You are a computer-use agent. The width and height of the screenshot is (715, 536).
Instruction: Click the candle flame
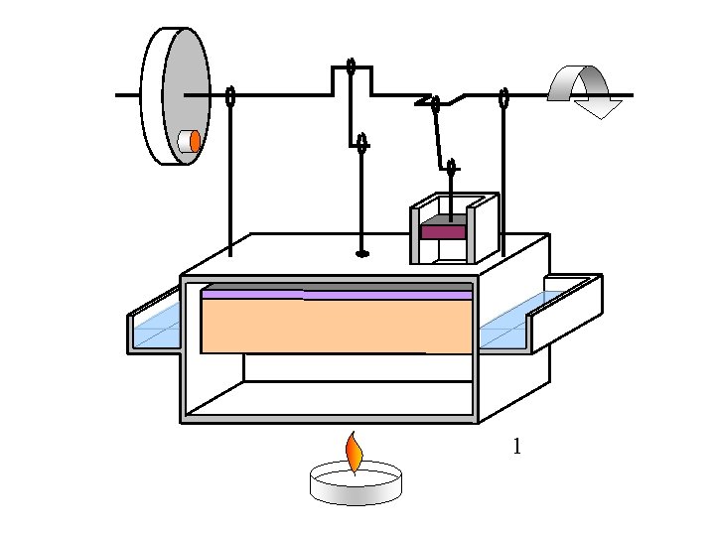[x=354, y=454]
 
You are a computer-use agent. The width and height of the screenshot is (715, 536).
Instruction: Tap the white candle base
[x=357, y=485]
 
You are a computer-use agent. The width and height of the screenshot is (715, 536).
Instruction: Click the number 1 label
[x=516, y=448]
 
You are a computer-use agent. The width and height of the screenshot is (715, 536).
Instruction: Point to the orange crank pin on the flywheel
[x=196, y=141]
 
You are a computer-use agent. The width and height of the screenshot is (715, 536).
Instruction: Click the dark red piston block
[x=442, y=231]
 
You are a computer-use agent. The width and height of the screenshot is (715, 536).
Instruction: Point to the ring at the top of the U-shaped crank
[x=352, y=67]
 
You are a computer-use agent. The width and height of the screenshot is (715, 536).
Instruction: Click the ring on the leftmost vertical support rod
[x=230, y=96]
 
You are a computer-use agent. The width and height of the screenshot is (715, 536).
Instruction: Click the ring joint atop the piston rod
[x=451, y=167]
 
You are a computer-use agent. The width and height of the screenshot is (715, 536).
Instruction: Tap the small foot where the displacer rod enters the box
[x=362, y=254]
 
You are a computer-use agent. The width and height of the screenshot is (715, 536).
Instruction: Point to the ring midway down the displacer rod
[x=362, y=143]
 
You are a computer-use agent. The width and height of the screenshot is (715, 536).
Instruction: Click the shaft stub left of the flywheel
[x=127, y=95]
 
